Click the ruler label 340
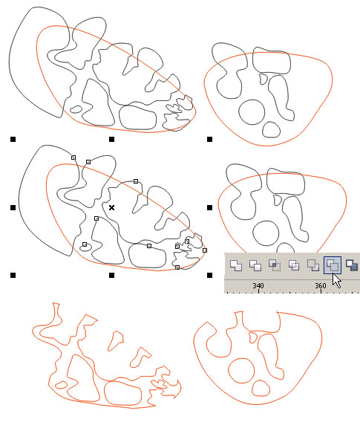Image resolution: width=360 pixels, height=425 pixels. click(x=258, y=285)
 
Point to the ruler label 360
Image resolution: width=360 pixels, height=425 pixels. click(x=320, y=285)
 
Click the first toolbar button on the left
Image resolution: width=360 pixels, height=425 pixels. click(x=236, y=265)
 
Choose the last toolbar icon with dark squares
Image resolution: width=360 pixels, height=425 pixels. click(x=352, y=265)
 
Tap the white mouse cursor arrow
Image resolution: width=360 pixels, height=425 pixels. click(x=336, y=281)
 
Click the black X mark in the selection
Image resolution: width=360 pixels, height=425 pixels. click(x=111, y=207)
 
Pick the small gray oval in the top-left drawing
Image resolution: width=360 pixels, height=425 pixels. click(x=76, y=109)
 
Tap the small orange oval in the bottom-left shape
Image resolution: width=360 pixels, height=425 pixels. click(x=61, y=385)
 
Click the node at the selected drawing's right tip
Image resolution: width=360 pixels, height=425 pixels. click(x=205, y=250)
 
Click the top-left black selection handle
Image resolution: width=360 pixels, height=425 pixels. click(x=13, y=140)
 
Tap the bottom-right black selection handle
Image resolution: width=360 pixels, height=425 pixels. click(x=209, y=276)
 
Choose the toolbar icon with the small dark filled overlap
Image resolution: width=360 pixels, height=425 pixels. click(x=274, y=265)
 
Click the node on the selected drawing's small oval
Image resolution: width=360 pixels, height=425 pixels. click(x=85, y=244)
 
